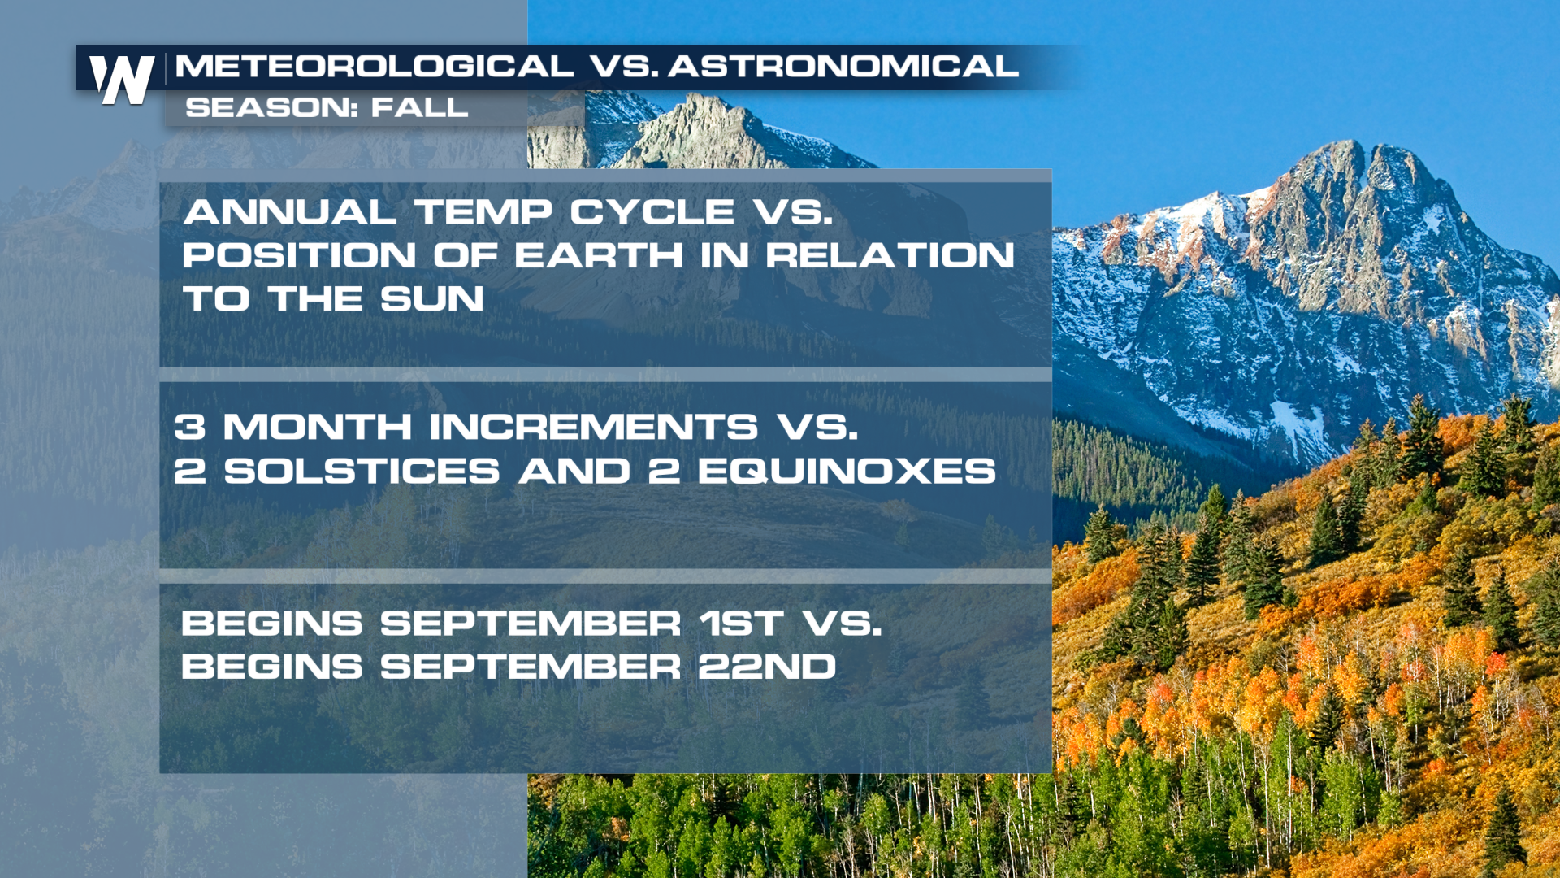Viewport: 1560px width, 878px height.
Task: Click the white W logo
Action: coord(122,80)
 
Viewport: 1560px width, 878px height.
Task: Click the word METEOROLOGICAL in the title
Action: coord(375,66)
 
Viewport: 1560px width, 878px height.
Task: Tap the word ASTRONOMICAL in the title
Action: coord(843,66)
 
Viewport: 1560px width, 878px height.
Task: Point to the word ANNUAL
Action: coord(290,213)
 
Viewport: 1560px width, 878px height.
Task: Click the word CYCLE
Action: coord(652,213)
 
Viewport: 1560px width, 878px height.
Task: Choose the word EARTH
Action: coord(599,256)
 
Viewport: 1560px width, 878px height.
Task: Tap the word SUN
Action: coord(432,299)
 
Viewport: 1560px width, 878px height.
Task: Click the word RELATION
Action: coord(890,256)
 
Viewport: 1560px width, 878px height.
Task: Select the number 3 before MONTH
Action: coord(190,428)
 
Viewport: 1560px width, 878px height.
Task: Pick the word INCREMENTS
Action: coord(593,428)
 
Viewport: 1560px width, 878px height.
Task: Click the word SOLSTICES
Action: coord(362,472)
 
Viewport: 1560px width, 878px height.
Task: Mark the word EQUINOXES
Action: coord(847,472)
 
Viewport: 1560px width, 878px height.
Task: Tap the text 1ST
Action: coord(742,624)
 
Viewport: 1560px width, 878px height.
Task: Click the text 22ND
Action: coord(767,667)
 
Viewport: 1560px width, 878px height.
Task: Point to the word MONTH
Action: coord(318,428)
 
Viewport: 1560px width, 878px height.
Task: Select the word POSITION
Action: coord(299,256)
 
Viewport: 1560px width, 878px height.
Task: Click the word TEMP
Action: coord(483,213)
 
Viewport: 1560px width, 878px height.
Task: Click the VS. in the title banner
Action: coord(624,66)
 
